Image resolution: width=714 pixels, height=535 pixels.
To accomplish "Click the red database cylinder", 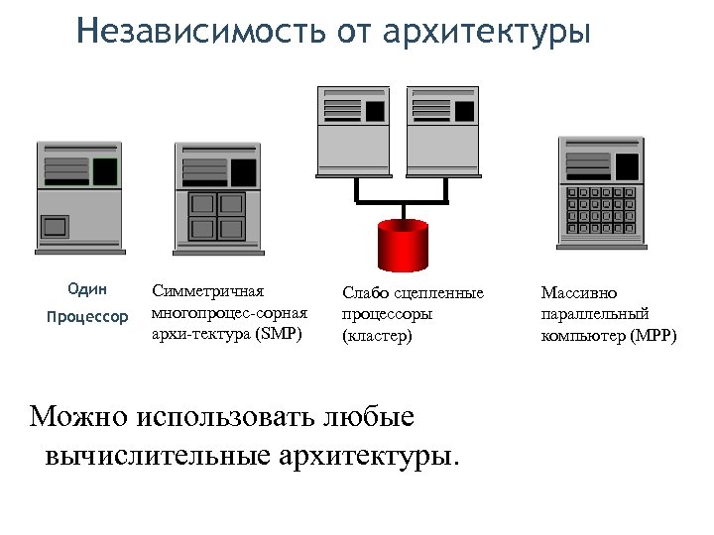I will click(403, 245).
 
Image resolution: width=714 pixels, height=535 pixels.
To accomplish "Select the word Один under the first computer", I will click(87, 289).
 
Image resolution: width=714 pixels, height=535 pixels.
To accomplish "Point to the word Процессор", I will click(87, 317).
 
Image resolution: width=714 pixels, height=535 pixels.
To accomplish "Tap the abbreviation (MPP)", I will click(654, 336).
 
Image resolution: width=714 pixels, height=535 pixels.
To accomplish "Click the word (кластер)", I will click(376, 336).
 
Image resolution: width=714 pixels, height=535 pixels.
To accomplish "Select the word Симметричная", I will click(207, 291).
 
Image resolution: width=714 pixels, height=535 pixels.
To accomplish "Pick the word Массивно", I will click(579, 293).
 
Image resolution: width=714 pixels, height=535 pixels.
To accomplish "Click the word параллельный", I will click(595, 314).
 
